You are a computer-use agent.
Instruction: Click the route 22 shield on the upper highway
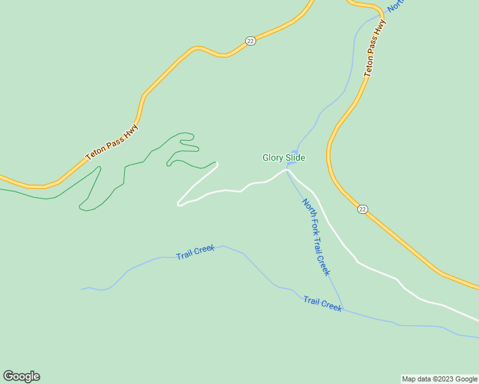click(x=250, y=40)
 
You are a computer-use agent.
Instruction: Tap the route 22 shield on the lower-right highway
click(x=362, y=209)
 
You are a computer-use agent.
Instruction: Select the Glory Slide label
click(x=284, y=157)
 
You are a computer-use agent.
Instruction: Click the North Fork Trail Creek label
click(x=316, y=237)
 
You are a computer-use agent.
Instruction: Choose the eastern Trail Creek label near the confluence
click(x=323, y=303)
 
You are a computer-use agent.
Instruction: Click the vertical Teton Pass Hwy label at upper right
click(x=376, y=49)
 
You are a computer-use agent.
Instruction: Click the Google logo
click(x=21, y=376)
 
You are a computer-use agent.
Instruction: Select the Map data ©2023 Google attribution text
click(x=439, y=379)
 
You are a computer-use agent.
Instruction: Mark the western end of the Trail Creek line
click(x=82, y=289)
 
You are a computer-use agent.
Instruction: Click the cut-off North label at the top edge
click(x=396, y=5)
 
